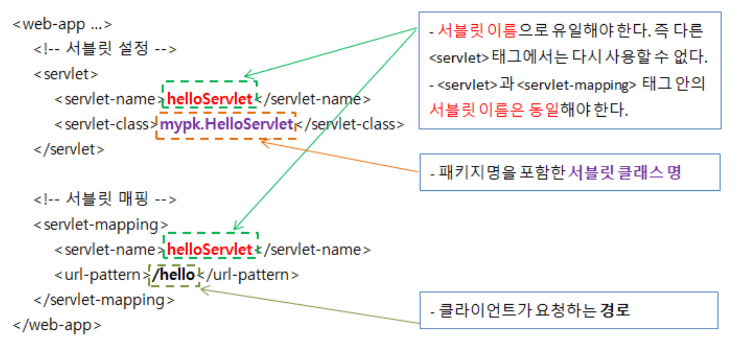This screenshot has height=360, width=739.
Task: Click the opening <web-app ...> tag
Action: [62, 25]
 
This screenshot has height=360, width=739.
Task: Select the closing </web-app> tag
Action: [57, 325]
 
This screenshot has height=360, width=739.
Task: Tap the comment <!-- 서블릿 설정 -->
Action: [105, 49]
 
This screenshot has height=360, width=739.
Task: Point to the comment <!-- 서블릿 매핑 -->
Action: [105, 199]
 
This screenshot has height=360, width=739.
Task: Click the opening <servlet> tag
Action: [66, 74]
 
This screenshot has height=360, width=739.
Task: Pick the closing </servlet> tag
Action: [69, 149]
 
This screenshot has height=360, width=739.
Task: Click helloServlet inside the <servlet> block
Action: [209, 99]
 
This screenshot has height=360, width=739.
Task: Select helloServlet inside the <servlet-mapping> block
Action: [209, 250]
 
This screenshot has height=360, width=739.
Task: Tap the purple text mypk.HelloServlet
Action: [226, 124]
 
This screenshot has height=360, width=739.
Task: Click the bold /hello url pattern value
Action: [174, 275]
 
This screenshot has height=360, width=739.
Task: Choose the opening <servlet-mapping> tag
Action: [101, 225]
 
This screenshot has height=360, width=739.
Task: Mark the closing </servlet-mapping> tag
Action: [104, 300]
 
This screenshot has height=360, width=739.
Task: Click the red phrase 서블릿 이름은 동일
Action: [494, 110]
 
